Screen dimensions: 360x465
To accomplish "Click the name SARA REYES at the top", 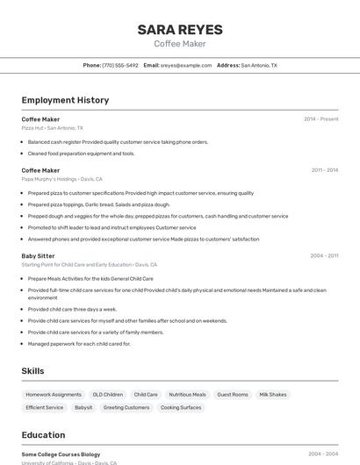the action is (x=180, y=30).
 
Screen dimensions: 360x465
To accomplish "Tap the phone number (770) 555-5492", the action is (x=119, y=65).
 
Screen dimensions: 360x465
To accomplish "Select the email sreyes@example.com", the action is (x=186, y=65).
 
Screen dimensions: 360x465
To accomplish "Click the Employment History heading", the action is (x=65, y=100).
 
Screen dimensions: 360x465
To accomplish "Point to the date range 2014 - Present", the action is (x=320, y=119).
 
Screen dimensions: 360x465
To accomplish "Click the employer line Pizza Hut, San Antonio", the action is (x=53, y=128).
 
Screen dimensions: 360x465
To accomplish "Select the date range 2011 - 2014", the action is (x=324, y=170).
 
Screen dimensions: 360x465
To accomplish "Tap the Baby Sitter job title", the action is (x=38, y=255).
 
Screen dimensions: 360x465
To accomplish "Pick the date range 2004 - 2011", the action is (x=324, y=255).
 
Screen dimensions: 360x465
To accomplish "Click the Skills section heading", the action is (x=33, y=371).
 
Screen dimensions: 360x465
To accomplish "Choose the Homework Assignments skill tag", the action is (x=54, y=395).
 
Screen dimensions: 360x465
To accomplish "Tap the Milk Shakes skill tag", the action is (x=273, y=395).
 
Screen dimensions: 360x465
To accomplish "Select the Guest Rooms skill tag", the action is (x=233, y=395).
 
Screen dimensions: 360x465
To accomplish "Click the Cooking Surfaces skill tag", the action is (x=181, y=407).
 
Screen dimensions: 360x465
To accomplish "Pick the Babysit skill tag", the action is (x=83, y=407).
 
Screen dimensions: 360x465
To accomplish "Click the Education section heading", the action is (x=43, y=435).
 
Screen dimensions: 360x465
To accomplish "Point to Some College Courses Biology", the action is (x=61, y=454).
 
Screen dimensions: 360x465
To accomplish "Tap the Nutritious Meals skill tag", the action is (x=187, y=395).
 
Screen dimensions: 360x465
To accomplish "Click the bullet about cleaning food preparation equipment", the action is (x=81, y=154).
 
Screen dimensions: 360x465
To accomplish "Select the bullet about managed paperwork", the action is (x=78, y=344).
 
